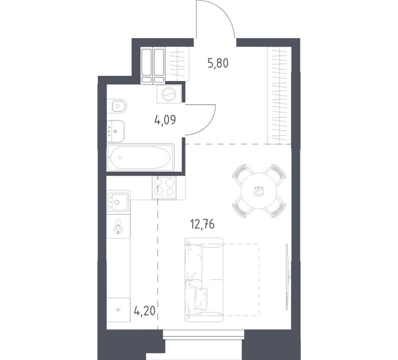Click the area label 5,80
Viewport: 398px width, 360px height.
218,63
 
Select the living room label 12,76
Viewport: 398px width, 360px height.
202,225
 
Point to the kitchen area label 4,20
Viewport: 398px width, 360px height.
144,310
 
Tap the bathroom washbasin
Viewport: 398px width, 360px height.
116,131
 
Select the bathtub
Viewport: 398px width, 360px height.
141,157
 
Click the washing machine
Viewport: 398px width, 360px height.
169,94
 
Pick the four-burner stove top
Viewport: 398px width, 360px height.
164,188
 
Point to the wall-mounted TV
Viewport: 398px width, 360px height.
287,277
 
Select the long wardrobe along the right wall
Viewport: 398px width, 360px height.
279,96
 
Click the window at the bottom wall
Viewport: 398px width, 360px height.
204,334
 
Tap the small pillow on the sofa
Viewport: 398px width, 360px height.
201,299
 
